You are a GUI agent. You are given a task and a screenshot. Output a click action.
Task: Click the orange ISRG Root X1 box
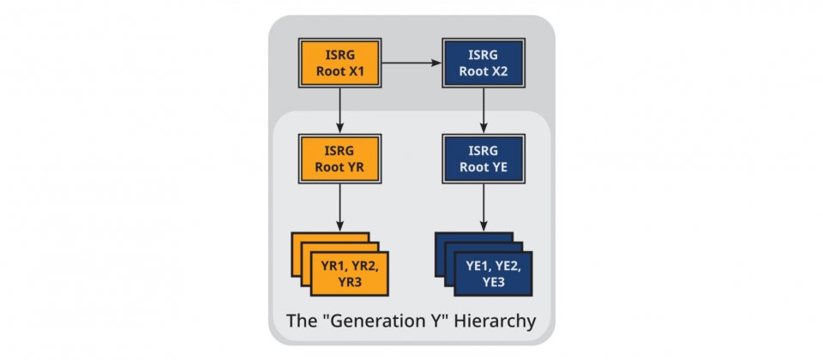[340, 62]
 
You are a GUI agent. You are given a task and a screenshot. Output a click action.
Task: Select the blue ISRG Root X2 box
[484, 62]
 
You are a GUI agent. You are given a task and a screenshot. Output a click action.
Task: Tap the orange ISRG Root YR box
[340, 158]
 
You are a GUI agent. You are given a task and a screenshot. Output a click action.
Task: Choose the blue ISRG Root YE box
[484, 158]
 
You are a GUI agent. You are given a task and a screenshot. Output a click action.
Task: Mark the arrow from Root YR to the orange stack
[340, 207]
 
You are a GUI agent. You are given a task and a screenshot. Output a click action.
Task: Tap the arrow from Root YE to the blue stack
[484, 207]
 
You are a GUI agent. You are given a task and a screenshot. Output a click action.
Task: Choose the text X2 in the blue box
[501, 70]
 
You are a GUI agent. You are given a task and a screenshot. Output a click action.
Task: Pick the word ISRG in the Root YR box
[340, 151]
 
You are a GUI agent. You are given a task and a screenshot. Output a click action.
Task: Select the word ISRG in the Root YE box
[484, 151]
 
